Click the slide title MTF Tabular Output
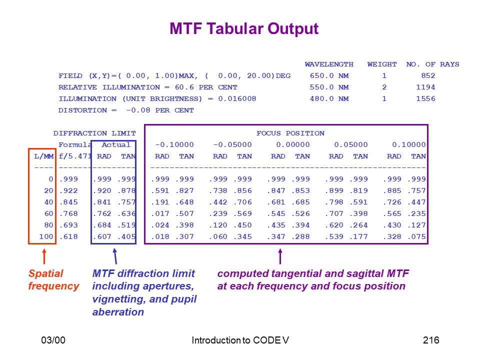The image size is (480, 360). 244,29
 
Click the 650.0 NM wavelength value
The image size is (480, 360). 329,75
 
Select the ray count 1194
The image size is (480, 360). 425,87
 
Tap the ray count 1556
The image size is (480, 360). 425,98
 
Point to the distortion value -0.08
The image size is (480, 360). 138,110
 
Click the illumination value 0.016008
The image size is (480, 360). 237,98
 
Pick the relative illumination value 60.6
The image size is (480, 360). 184,87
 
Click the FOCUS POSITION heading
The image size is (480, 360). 290,133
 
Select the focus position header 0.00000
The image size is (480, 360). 293,144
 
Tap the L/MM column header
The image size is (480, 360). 44,156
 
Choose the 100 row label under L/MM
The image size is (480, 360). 46,236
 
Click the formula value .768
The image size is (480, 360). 68,213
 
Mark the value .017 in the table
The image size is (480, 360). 160,213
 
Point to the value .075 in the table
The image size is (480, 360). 416,236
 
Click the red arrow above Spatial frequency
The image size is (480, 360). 44,256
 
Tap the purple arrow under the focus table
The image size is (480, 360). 280,256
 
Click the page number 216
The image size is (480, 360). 431,340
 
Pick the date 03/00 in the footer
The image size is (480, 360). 53,340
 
